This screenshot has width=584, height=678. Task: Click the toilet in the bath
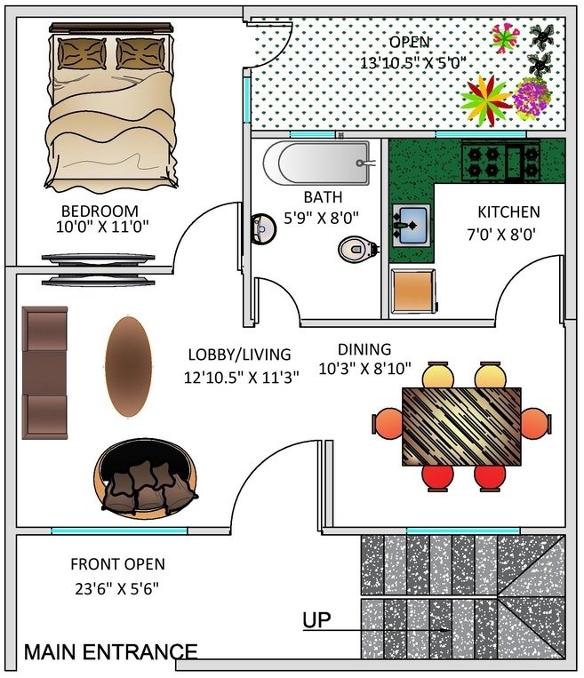[358, 249]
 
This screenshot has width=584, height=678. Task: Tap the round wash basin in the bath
[263, 228]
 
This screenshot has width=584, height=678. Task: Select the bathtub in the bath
[317, 163]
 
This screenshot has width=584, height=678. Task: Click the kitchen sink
[411, 226]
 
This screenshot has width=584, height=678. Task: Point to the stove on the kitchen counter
[500, 162]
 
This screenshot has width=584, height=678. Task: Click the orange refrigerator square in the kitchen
[412, 291]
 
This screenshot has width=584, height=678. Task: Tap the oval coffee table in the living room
[129, 367]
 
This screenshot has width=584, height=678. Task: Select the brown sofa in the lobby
[45, 372]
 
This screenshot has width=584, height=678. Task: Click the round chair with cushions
[146, 479]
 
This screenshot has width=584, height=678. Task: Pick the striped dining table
[461, 427]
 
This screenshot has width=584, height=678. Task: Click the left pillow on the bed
[82, 53]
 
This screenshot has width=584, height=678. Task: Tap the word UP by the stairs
[316, 619]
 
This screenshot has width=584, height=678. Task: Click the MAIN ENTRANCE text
[111, 651]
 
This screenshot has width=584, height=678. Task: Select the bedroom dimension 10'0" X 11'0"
[102, 227]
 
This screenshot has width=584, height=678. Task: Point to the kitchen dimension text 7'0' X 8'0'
[502, 235]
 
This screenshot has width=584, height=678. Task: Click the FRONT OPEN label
[117, 564]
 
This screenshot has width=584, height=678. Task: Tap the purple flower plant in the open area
[532, 99]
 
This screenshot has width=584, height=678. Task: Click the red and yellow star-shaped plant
[486, 100]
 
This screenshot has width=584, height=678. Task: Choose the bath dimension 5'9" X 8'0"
[322, 218]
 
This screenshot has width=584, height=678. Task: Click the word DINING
[364, 349]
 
